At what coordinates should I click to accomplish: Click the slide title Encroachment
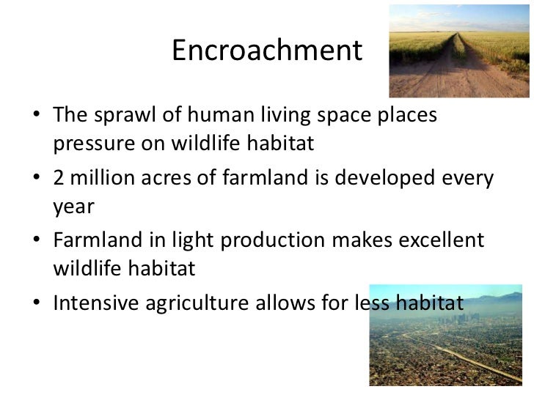coord(266,51)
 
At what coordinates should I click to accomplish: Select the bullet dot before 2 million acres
coord(37,179)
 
